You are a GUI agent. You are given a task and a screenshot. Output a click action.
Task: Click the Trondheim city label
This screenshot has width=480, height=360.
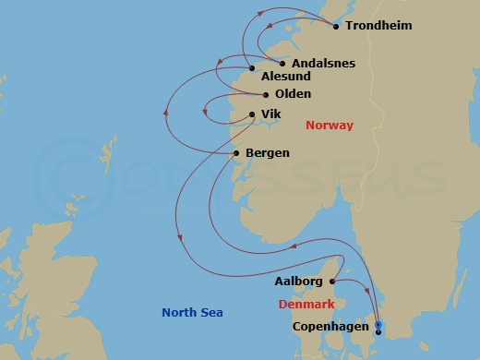pos(378,26)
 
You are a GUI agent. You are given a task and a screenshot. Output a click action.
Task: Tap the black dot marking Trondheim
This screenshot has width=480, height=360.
pos(335,26)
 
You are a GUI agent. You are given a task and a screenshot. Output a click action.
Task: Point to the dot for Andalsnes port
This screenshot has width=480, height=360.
pos(282,64)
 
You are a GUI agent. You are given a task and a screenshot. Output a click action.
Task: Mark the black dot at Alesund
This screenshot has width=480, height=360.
pos(252,68)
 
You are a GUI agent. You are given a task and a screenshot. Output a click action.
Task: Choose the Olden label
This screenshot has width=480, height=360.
pos(292,94)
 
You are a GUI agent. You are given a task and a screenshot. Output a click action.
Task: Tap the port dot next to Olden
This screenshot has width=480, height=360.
pos(266,94)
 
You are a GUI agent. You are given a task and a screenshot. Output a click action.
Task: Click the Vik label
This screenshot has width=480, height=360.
pos(270,114)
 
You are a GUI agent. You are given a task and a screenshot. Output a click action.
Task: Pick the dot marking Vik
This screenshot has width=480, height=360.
pos(250,114)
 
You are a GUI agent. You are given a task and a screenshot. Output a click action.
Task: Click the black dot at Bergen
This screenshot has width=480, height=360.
pos(237,152)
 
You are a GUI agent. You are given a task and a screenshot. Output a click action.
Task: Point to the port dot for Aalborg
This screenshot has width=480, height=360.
pos(331,281)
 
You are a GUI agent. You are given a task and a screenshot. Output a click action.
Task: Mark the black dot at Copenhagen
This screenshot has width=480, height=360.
pos(378,330)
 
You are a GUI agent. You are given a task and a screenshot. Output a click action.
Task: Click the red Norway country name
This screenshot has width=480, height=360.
pos(329,126)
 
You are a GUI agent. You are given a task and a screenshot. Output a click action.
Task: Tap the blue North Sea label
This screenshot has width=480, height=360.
pos(192,313)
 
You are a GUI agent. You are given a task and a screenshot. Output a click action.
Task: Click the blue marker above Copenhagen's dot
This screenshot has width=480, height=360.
pos(378,324)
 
